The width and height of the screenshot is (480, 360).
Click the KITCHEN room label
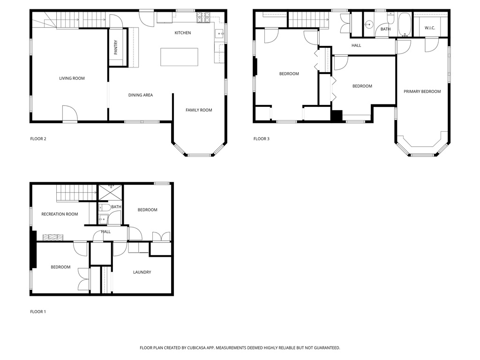coord(183,33)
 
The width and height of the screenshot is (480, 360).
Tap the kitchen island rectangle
coord(179,57)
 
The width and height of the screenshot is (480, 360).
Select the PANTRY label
coord(116,47)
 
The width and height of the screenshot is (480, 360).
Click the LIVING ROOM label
coord(72,78)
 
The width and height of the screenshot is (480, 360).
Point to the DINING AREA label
coord(141,95)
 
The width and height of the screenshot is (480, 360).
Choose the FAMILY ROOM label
coord(199,110)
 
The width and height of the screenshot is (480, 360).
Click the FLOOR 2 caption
coord(38,139)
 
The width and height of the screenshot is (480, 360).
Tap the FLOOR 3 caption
coord(262,139)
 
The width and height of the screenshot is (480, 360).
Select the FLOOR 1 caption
coord(38,312)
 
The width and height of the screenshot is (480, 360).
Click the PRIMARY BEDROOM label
coord(422,91)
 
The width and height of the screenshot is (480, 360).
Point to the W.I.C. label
coord(430,28)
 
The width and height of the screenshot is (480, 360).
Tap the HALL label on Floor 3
coord(356,45)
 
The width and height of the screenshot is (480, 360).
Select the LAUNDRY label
coord(142,272)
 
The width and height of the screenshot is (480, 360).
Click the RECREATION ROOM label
coord(60,214)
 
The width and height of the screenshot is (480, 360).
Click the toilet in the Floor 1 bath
coord(105,207)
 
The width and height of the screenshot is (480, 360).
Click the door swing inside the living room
coord(69,113)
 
